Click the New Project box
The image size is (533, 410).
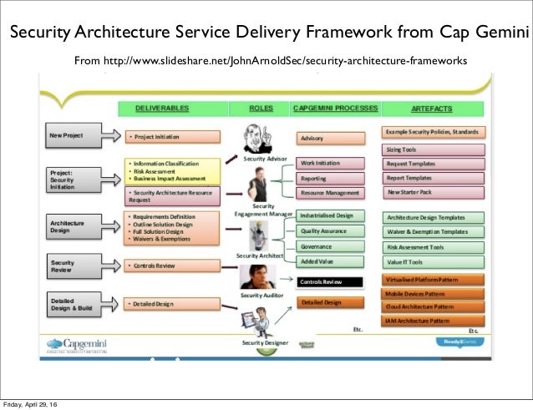click(x=72, y=135)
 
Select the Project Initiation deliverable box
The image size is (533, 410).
click(x=172, y=137)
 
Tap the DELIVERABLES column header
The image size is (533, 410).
click(x=165, y=109)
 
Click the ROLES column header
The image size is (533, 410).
click(x=260, y=109)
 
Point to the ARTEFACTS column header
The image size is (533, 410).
click(x=433, y=109)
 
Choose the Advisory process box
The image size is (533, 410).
click(x=330, y=138)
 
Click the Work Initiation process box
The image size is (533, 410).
click(x=330, y=164)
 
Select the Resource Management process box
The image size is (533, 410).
click(x=330, y=192)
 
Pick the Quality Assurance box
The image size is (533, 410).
click(x=330, y=230)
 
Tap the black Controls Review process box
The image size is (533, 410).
click(x=330, y=282)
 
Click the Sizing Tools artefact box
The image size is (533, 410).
click(x=433, y=148)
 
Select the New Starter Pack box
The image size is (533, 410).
click(x=433, y=192)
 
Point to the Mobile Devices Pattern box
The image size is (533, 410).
click(x=433, y=294)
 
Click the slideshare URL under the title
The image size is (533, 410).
click(x=271, y=61)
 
